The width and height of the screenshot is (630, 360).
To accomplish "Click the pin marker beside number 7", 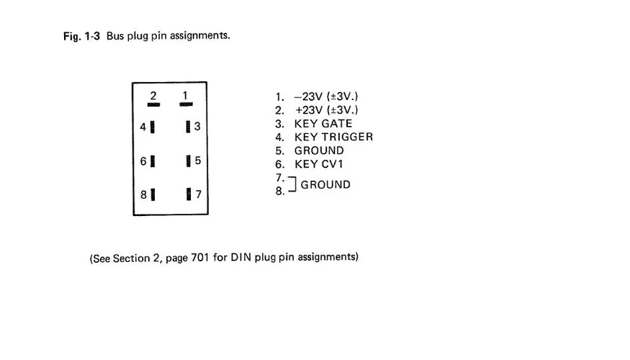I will [187, 194].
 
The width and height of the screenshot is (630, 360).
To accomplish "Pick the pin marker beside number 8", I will [153, 194].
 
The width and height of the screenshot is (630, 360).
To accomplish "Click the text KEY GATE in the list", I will [323, 124].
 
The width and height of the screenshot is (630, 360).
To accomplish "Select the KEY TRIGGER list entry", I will [333, 137].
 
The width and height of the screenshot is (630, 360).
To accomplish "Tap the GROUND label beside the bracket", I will [325, 184].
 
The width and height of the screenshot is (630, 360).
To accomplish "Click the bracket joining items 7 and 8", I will [292, 184].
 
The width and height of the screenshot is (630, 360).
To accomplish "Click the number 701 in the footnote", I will [200, 257].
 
